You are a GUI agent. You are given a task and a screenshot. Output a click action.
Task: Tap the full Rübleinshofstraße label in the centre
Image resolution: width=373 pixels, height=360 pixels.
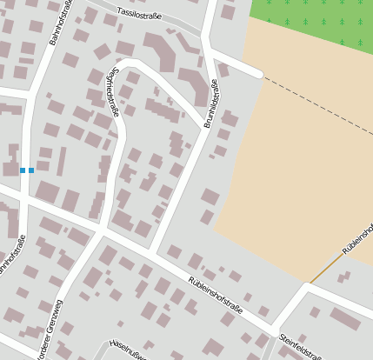click(x=215, y=296)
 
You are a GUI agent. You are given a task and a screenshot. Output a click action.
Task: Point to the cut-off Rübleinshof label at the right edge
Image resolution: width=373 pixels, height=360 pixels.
click(x=357, y=237)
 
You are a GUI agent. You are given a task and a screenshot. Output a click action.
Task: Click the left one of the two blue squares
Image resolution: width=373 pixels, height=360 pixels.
click(x=23, y=170)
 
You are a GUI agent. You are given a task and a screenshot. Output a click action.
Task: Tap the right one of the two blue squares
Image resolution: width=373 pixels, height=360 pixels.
click(x=31, y=170)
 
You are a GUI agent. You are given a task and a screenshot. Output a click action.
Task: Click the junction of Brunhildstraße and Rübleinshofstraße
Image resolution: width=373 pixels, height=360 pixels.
click(x=154, y=253)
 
